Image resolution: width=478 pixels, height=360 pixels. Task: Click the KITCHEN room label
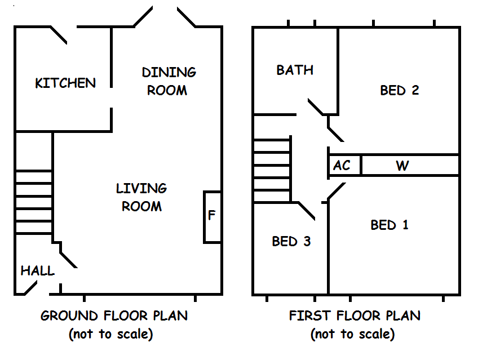pyautogui.click(x=65, y=83)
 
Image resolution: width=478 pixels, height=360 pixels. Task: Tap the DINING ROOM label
pyautogui.click(x=169, y=81)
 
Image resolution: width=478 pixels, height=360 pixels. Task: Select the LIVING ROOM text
pyautogui.click(x=141, y=197)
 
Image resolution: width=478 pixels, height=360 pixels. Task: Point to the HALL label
pyautogui.click(x=38, y=271)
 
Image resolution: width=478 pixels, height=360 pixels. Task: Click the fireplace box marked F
pyautogui.click(x=212, y=217)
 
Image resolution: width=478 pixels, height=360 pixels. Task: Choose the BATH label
pyautogui.click(x=295, y=70)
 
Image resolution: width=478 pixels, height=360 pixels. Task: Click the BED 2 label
pyautogui.click(x=400, y=90)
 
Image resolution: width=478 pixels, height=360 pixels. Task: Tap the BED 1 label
pyautogui.click(x=390, y=225)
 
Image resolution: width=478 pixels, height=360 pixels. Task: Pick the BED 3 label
pyautogui.click(x=291, y=242)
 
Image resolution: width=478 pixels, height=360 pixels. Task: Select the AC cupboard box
pyautogui.click(x=342, y=166)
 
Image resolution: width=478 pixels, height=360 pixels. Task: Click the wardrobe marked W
pyautogui.click(x=402, y=166)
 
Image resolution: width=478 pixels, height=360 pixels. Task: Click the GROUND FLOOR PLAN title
pyautogui.click(x=114, y=315)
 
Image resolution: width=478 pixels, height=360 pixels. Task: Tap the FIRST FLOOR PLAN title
pyautogui.click(x=355, y=315)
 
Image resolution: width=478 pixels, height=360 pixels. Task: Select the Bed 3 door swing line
pyautogui.click(x=306, y=210)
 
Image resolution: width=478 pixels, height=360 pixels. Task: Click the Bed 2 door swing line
pyautogui.click(x=336, y=134)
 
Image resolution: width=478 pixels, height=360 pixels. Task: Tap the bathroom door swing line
pyautogui.click(x=316, y=108)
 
